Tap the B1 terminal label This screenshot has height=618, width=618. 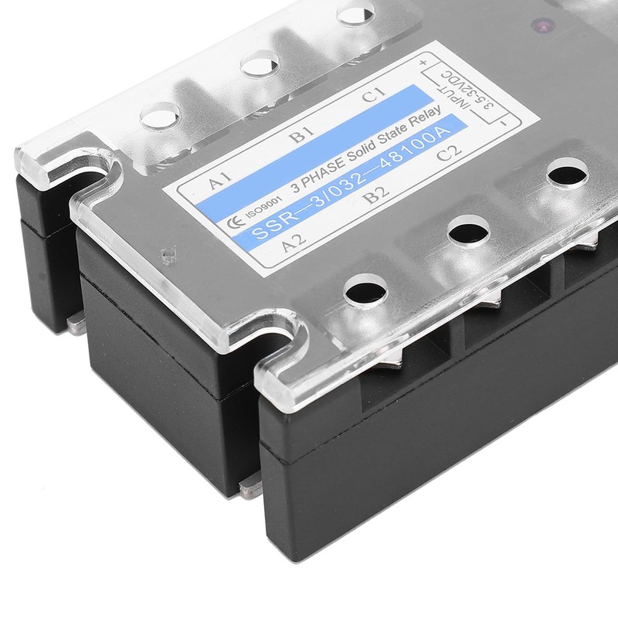[x=298, y=139]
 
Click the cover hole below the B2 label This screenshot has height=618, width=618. [x=466, y=229]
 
